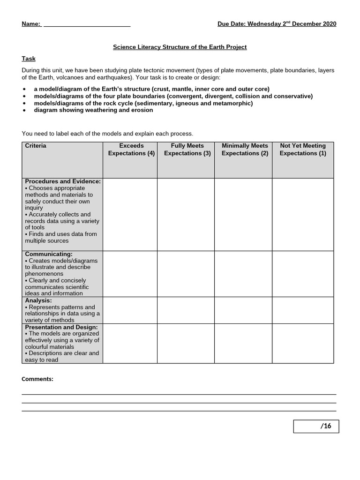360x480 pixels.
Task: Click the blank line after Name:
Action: pyautogui.click(x=87, y=24)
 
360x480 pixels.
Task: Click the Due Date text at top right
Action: pyautogui.click(x=277, y=24)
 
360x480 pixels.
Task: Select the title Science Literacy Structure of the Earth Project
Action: pyautogui.click(x=180, y=47)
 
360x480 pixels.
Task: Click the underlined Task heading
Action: pyautogui.click(x=29, y=59)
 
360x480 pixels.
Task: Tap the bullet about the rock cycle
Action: pyautogui.click(x=143, y=103)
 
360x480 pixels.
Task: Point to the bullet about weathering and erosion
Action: pyautogui.click(x=93, y=110)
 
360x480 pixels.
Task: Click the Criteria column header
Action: pyautogui.click(x=36, y=146)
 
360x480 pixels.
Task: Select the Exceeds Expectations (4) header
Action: pyautogui.click(x=131, y=150)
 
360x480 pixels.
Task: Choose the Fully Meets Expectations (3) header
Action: pyautogui.click(x=187, y=150)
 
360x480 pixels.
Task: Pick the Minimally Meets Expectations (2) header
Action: pyautogui.click(x=245, y=150)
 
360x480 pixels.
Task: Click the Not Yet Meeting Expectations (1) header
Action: pyautogui.click(x=302, y=150)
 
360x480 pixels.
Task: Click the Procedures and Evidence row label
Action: pyautogui.click(x=62, y=181)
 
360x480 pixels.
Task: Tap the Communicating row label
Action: pyautogui.click(x=49, y=254)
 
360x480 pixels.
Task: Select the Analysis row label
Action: pyautogui.click(x=38, y=300)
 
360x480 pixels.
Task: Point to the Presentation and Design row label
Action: pyautogui.click(x=61, y=327)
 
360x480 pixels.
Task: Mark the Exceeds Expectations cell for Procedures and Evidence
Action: pyautogui.click(x=130, y=214)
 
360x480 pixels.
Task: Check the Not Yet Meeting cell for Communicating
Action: pyautogui.click(x=303, y=274)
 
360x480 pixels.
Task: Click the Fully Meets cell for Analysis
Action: pyautogui.click(x=186, y=310)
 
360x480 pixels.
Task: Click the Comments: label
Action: pyautogui.click(x=37, y=379)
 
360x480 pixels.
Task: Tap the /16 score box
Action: pyautogui.click(x=316, y=426)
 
